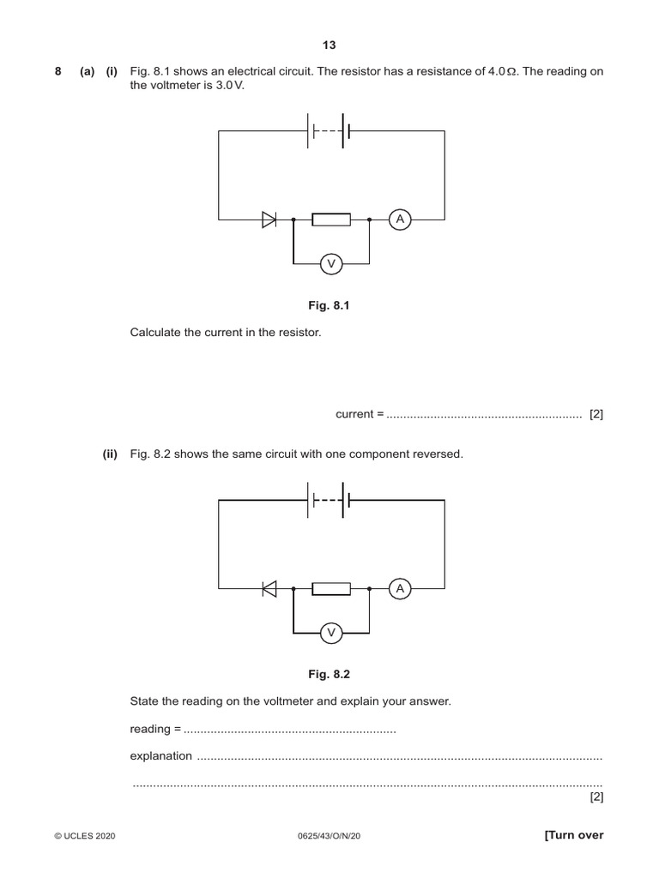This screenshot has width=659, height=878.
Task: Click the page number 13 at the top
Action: click(329, 45)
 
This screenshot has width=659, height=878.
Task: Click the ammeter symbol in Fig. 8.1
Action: click(399, 220)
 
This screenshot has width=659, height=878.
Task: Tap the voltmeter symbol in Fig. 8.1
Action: click(331, 264)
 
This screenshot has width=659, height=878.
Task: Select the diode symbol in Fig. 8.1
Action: click(269, 220)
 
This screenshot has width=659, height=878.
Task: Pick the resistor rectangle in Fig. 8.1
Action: click(331, 220)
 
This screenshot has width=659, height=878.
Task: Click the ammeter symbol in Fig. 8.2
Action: click(399, 588)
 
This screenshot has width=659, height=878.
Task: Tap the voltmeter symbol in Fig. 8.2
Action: click(331, 633)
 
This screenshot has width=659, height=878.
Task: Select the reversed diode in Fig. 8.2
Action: click(269, 588)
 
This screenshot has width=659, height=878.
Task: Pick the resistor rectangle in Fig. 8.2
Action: click(331, 588)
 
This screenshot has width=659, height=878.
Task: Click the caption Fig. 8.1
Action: click(330, 306)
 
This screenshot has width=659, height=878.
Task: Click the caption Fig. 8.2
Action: click(330, 675)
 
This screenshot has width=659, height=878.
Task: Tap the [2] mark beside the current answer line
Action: click(596, 414)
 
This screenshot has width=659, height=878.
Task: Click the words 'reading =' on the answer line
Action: click(155, 729)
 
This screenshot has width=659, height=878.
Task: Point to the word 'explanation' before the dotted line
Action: click(161, 756)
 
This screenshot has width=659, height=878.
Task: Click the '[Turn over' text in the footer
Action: click(574, 835)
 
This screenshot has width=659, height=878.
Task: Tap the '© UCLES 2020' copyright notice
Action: click(84, 836)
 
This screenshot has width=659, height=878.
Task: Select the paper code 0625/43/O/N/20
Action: click(330, 836)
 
